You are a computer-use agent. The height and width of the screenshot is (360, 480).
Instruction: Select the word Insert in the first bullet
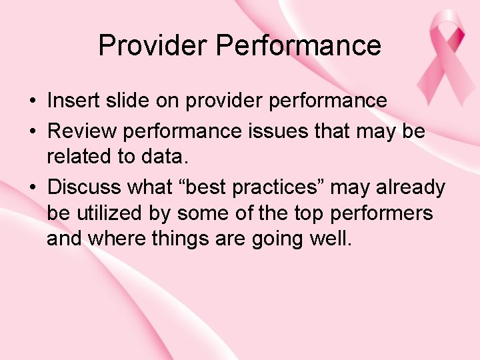73,101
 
